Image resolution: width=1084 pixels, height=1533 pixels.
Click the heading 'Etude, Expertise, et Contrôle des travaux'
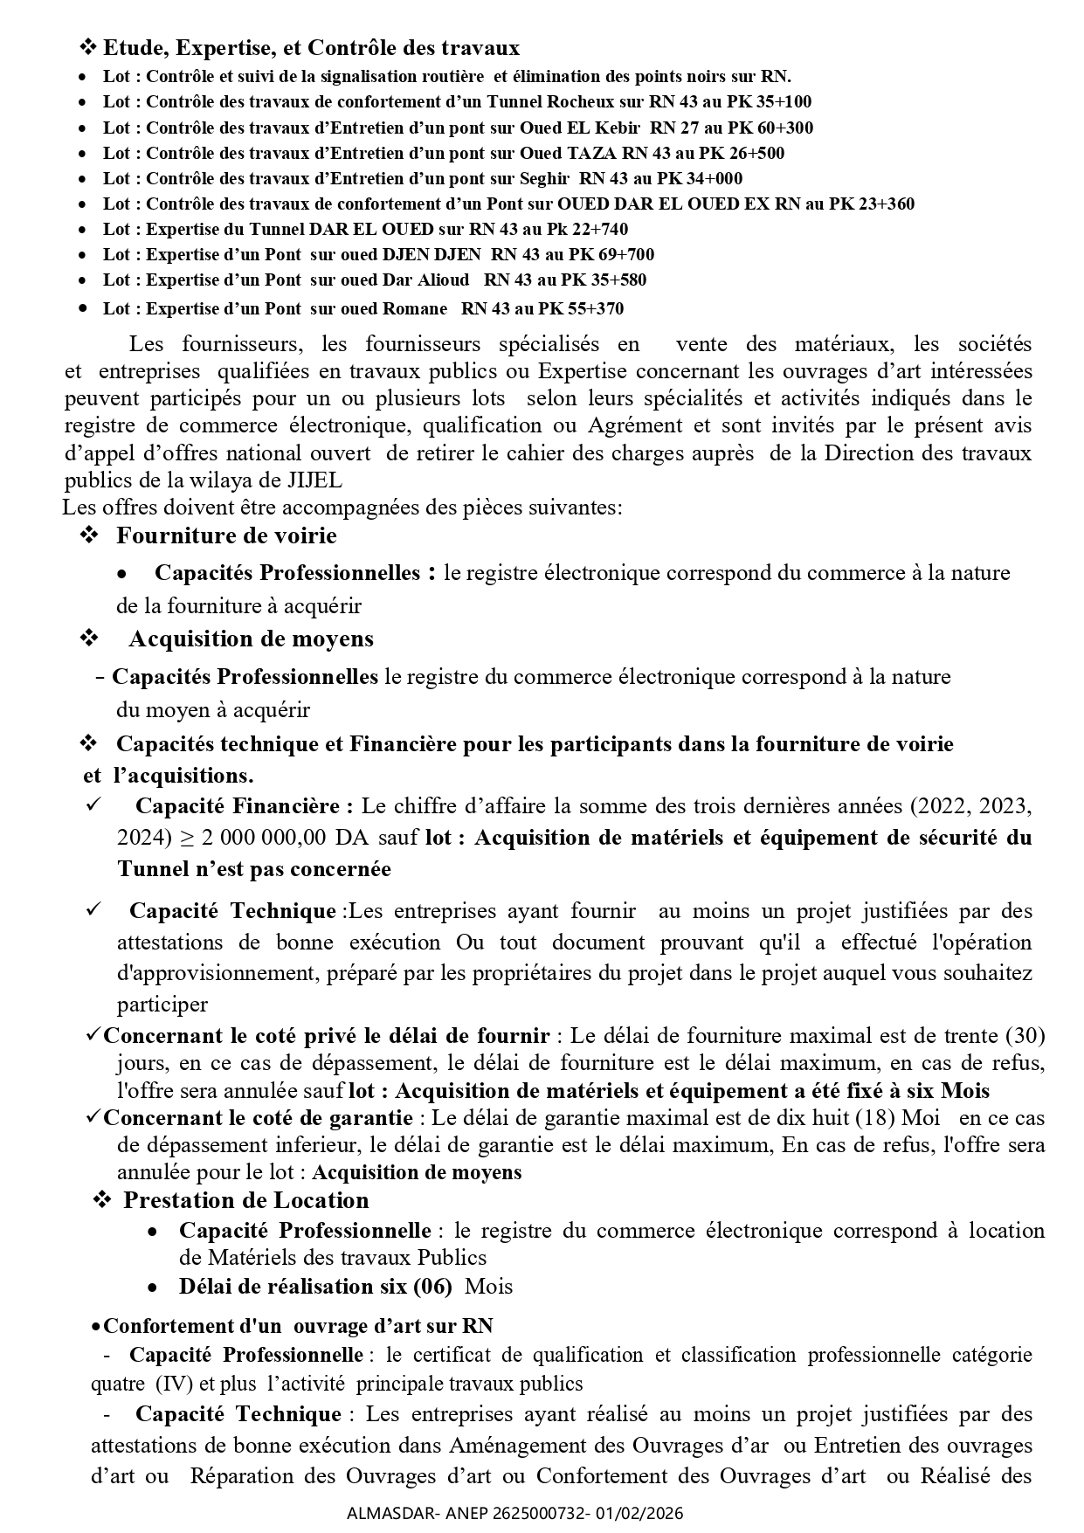pos(311,47)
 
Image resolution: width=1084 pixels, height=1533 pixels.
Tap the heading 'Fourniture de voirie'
pos(226,535)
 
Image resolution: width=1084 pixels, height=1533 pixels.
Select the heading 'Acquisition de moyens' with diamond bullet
pos(252,639)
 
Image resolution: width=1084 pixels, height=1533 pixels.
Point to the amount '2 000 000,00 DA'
pos(264,838)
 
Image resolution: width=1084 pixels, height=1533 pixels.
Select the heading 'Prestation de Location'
pos(245,1200)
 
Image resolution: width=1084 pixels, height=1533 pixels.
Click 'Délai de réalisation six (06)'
pos(315,1286)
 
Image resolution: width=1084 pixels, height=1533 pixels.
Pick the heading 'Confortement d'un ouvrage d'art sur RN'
pos(298,1326)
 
